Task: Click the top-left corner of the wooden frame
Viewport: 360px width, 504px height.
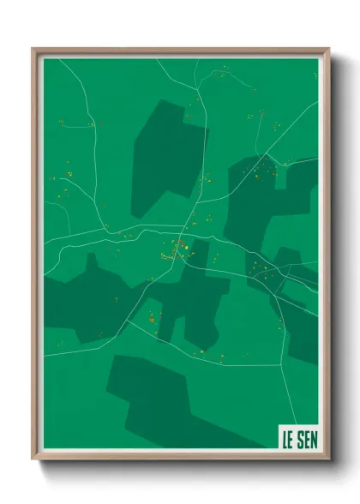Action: [x=33, y=50]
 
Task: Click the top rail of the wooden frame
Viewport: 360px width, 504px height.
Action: [x=180, y=50]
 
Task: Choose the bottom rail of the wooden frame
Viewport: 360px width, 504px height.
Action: [x=180, y=458]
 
